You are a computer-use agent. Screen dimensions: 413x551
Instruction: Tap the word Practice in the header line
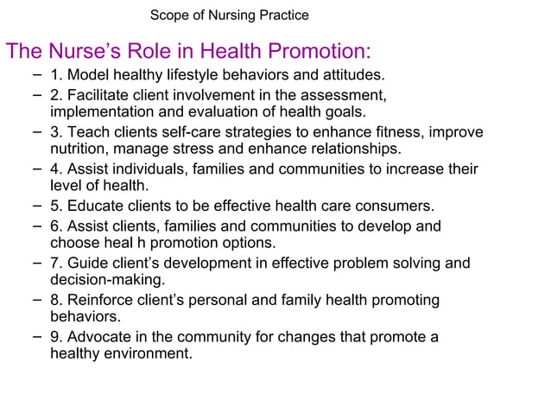point(280,16)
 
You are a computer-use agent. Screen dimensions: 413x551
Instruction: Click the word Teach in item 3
point(88,132)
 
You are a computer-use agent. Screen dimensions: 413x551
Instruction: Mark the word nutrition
point(79,149)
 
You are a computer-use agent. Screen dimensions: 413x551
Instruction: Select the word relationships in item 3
point(356,149)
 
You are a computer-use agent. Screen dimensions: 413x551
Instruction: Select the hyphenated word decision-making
point(107,280)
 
